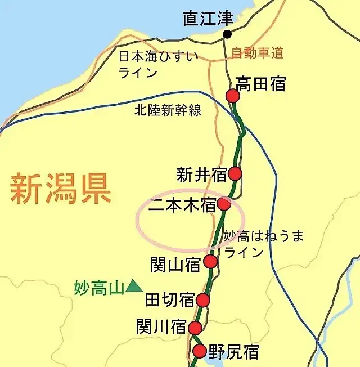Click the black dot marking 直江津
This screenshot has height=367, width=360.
(x=227, y=34)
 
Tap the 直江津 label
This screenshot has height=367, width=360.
(x=208, y=18)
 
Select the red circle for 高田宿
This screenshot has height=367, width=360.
(x=233, y=96)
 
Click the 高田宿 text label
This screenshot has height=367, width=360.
(x=261, y=84)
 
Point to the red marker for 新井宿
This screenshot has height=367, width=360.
(x=235, y=173)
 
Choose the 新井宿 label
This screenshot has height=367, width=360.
(x=201, y=174)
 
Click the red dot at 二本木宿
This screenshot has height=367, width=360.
(x=224, y=204)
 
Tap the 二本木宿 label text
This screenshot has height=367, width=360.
(x=182, y=205)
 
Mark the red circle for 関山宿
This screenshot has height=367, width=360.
(x=210, y=261)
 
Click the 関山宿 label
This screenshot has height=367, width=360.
(x=176, y=264)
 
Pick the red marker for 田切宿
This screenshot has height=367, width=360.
(x=203, y=300)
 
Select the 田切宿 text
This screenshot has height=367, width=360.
(x=170, y=300)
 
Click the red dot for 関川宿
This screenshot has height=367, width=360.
(x=195, y=328)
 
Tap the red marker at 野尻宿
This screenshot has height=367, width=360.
(x=199, y=352)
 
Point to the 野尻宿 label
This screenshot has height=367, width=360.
(x=233, y=352)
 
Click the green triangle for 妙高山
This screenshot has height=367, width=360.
(x=134, y=286)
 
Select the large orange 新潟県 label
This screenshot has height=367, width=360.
(x=61, y=189)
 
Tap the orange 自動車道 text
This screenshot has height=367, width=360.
(x=258, y=53)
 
